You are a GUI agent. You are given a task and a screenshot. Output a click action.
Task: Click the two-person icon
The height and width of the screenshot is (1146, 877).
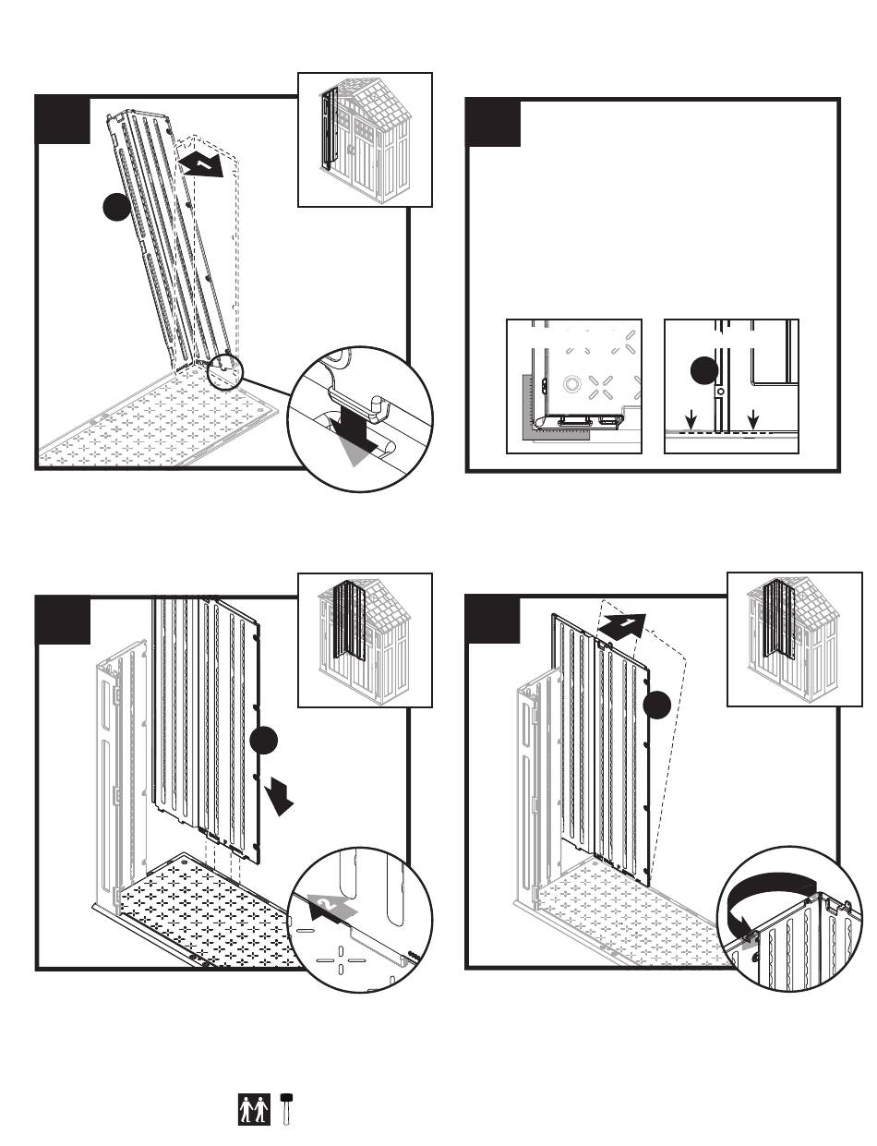(x=255, y=1108)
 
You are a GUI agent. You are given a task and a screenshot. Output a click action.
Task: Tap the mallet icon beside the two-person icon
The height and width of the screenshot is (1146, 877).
(x=287, y=1108)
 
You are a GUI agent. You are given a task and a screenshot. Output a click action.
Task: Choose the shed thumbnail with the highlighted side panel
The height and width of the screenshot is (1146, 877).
(x=366, y=139)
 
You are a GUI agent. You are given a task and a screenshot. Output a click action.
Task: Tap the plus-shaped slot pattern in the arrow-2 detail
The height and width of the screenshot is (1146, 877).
(x=340, y=960)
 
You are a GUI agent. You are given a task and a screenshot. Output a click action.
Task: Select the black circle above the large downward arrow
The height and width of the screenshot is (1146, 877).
(x=264, y=740)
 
